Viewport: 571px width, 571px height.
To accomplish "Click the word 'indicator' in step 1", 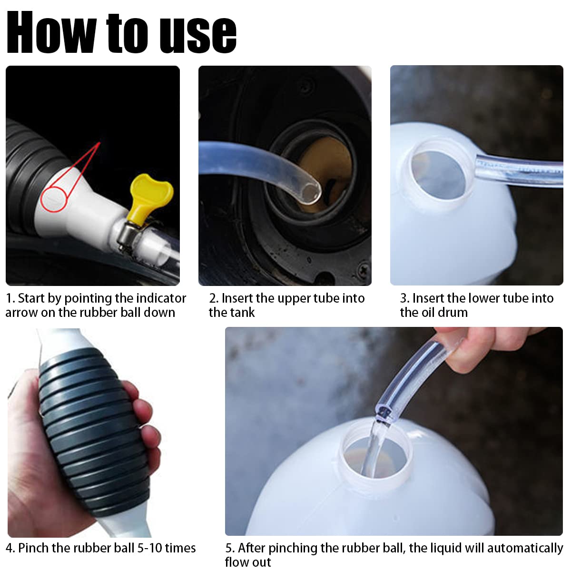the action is [160, 298].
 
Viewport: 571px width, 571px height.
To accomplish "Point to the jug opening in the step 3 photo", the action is [439, 175].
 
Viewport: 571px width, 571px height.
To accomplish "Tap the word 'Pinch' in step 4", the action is [33, 548].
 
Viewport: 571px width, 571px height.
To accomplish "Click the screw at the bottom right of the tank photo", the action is [363, 269].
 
